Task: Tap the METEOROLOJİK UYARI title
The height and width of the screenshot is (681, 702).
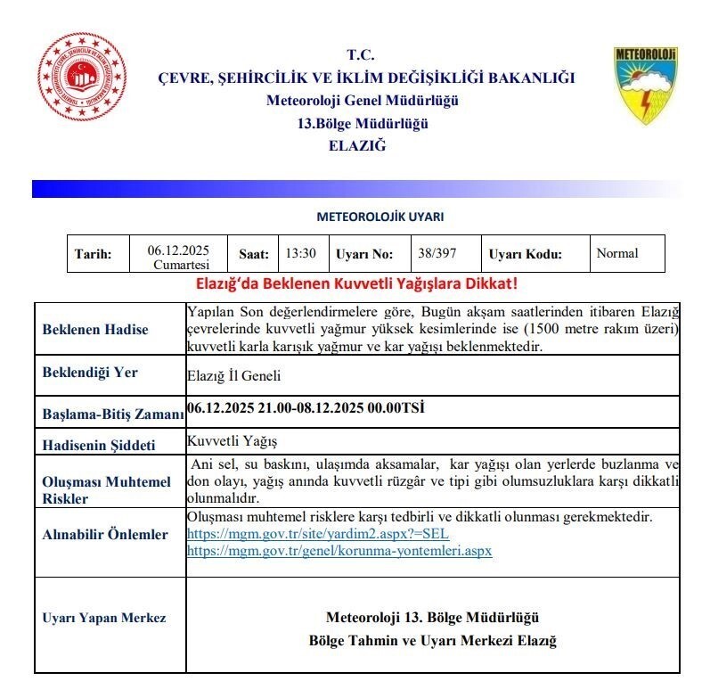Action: point(380,217)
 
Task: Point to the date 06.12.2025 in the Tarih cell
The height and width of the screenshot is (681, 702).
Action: point(178,250)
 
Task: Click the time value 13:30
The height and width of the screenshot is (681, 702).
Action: point(300,253)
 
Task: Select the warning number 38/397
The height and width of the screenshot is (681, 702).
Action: point(437,253)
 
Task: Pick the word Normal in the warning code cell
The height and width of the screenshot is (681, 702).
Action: point(617,253)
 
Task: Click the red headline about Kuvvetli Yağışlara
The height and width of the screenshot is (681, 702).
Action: point(356,284)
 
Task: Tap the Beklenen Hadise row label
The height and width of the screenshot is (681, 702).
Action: point(95,329)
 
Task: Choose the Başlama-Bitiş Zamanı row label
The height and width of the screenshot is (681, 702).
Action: point(113,414)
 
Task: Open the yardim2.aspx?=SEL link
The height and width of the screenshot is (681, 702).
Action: point(318,534)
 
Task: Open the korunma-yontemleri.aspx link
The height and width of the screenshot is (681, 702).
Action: point(339,551)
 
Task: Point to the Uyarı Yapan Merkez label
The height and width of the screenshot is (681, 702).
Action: point(103,618)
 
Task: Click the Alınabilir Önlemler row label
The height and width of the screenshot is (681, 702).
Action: point(105,535)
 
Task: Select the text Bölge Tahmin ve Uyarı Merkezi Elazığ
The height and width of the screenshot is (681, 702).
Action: point(432,641)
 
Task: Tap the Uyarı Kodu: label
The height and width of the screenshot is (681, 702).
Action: point(526,254)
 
